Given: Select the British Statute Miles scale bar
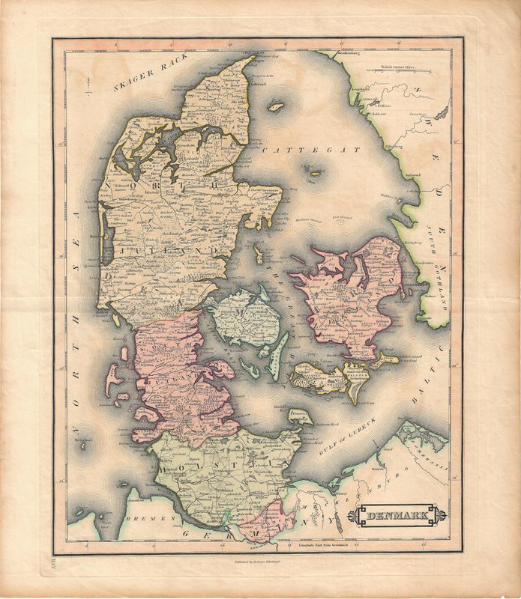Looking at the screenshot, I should pos(400,71).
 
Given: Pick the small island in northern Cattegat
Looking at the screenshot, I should pos(276,107).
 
